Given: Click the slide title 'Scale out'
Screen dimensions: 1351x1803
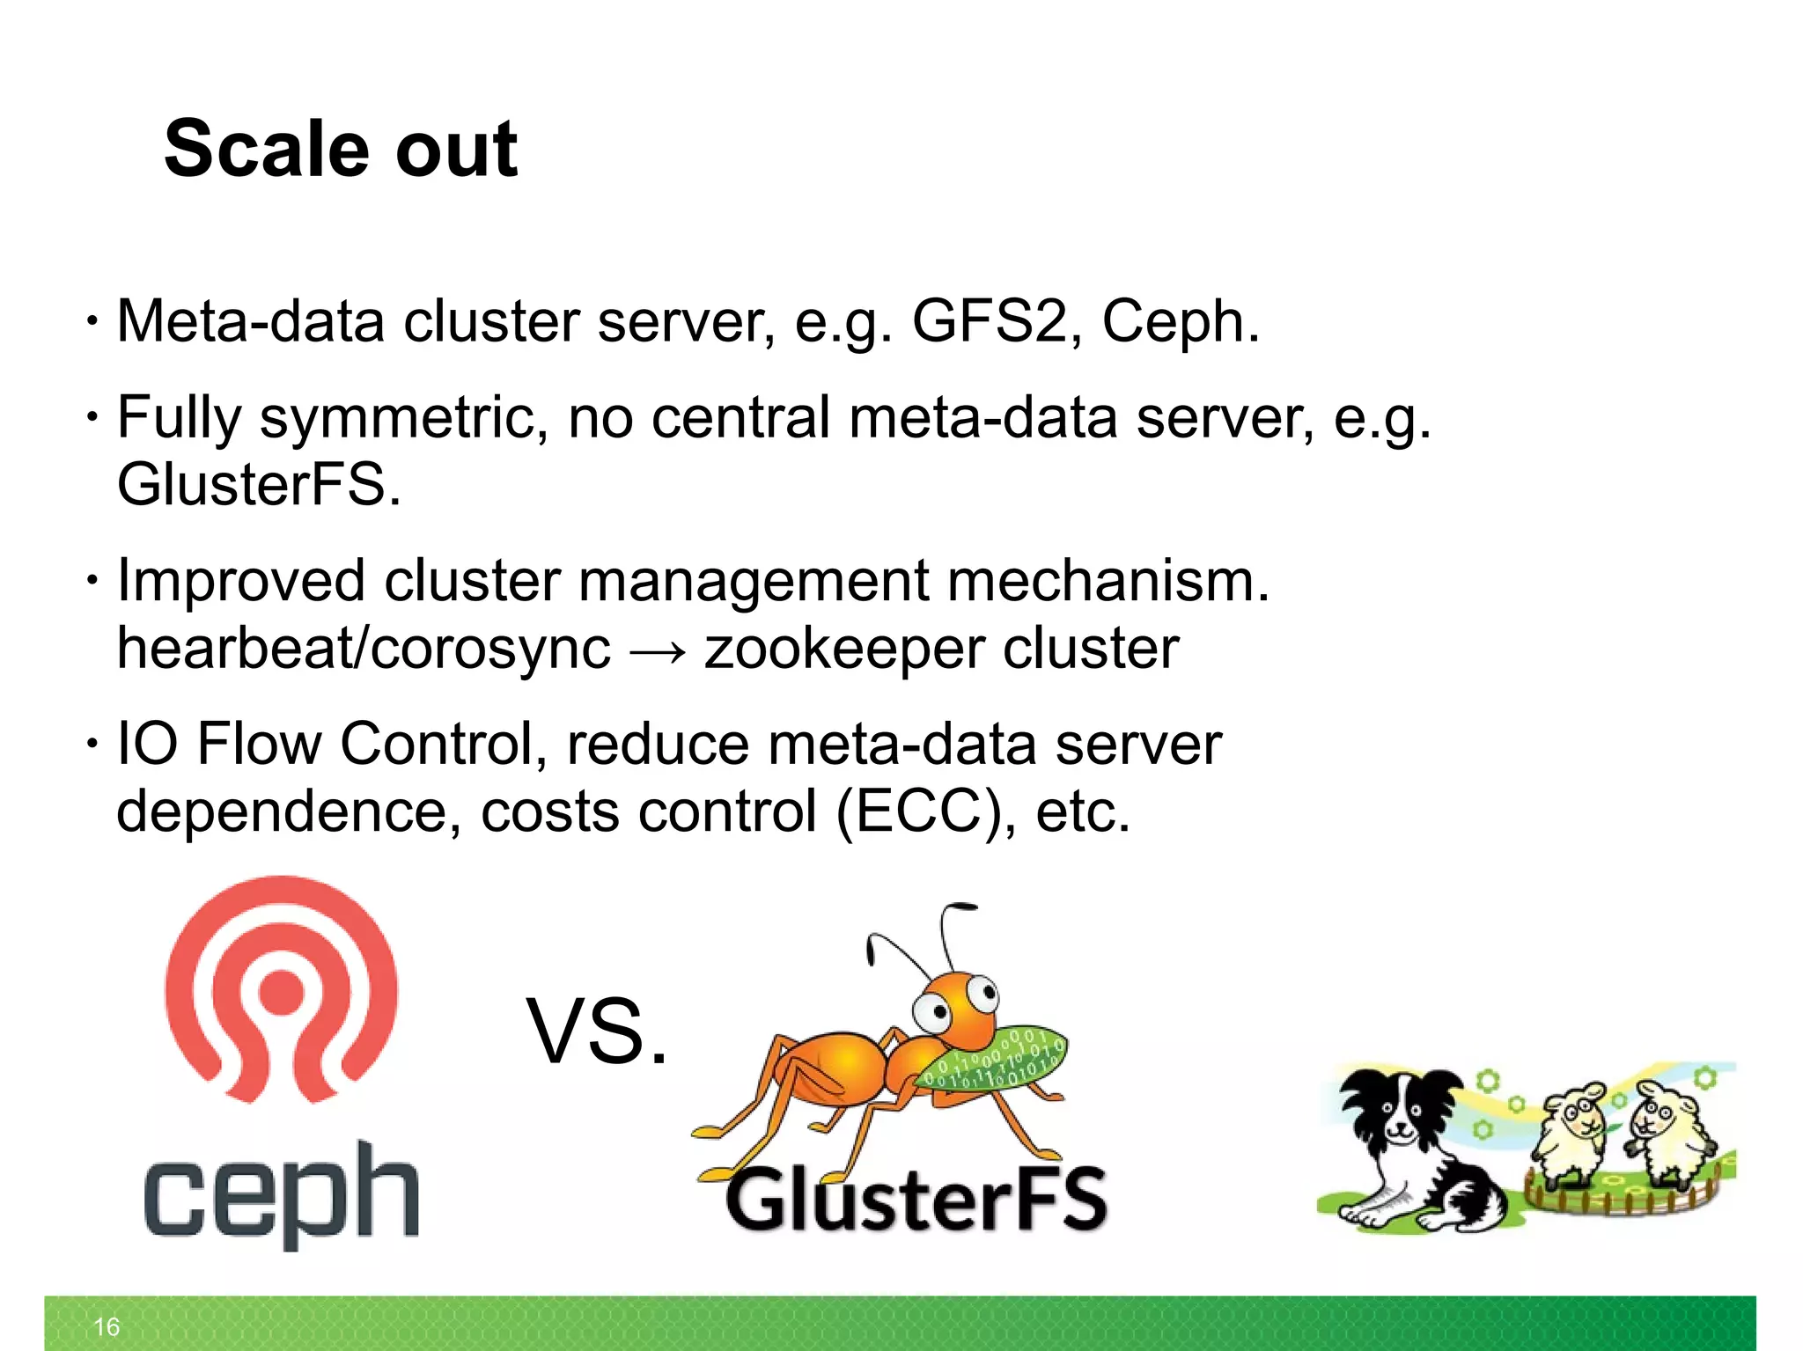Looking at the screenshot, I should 341,149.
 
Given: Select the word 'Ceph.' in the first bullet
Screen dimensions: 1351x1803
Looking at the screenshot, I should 1180,321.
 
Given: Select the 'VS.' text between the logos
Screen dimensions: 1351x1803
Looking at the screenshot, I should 597,1032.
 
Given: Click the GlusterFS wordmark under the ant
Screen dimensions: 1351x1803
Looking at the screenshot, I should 916,1200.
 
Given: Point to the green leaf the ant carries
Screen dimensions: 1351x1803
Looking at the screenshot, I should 990,1061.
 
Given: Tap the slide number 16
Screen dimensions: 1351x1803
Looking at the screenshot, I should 107,1326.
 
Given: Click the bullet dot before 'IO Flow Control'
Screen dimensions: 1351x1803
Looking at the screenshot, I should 92,744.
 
